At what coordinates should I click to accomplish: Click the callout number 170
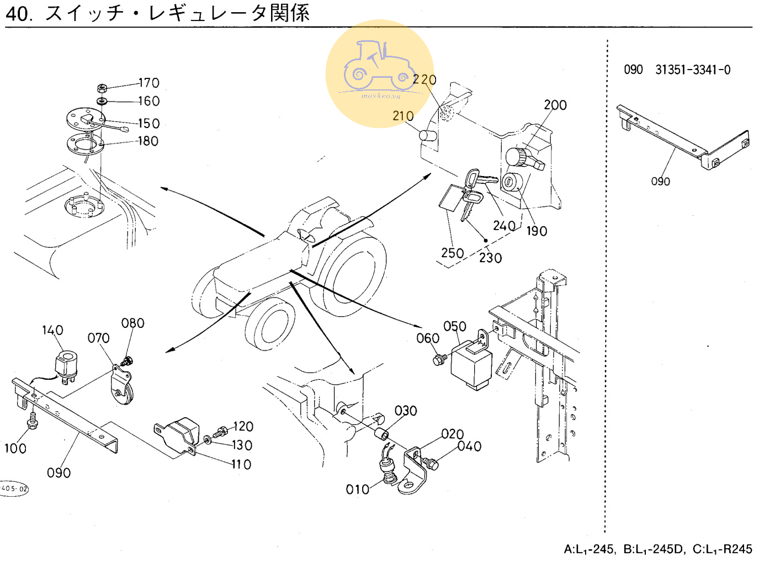148,83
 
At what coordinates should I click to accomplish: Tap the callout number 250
452,253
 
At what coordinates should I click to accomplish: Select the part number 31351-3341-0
693,70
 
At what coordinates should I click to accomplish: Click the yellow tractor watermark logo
380,74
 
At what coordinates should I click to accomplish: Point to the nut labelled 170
102,88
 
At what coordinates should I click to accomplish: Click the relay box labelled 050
471,365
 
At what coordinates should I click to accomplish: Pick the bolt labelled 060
439,360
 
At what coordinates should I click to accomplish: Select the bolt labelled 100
31,424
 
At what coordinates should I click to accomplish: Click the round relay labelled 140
67,364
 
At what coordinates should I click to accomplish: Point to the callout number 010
357,489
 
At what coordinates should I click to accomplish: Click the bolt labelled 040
431,464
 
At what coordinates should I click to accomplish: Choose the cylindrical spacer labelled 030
381,434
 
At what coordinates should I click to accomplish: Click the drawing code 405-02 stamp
14,488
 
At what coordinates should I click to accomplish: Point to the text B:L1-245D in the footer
654,549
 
